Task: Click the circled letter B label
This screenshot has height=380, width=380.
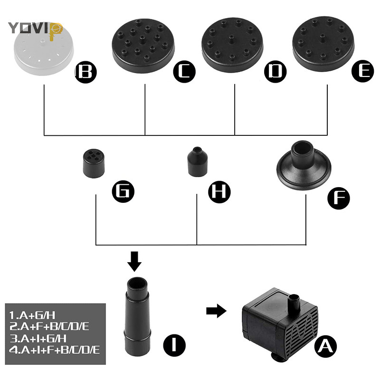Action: click(86, 72)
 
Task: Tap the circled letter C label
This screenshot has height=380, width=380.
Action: click(184, 72)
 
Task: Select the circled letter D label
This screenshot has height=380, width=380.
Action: click(275, 72)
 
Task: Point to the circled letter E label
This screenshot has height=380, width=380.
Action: click(363, 71)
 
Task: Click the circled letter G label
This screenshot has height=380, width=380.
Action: click(123, 191)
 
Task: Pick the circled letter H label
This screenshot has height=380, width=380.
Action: click(219, 192)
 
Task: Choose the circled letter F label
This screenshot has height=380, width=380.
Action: click(339, 198)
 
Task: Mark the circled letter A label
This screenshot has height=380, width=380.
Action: click(325, 347)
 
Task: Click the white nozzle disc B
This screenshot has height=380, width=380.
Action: click(44, 52)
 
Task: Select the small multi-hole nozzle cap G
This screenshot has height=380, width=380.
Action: click(94, 163)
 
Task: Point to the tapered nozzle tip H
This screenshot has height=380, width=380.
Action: click(198, 161)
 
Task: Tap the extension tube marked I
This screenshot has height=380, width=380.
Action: click(137, 316)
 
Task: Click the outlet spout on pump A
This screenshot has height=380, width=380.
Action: click(294, 303)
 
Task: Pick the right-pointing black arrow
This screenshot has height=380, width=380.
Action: click(217, 311)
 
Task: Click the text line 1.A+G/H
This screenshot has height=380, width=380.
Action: click(32, 315)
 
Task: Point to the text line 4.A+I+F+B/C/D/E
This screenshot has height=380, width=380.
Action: click(54, 350)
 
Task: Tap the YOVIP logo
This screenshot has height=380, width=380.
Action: click(35, 28)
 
